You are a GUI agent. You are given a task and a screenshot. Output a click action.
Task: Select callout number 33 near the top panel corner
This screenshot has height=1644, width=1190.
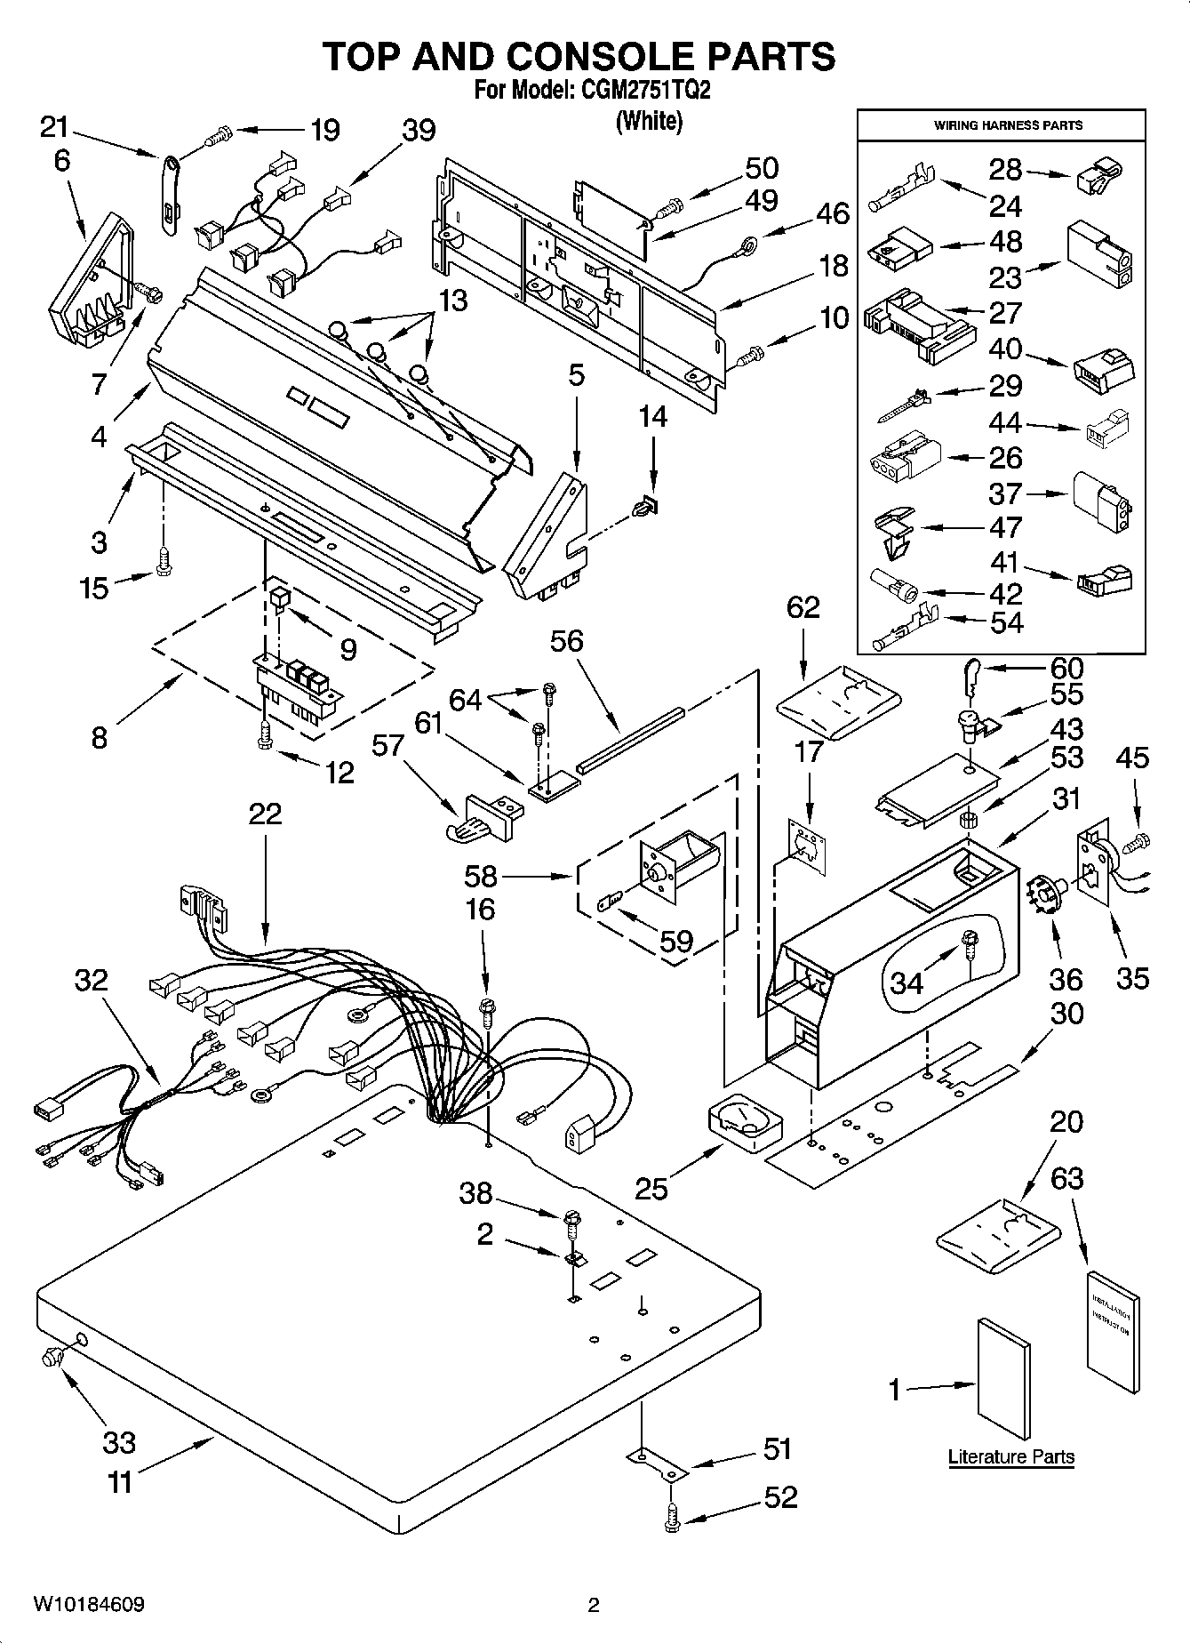pos(119,1442)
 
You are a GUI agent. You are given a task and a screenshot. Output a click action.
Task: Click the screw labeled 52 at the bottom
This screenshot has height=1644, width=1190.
pos(673,1521)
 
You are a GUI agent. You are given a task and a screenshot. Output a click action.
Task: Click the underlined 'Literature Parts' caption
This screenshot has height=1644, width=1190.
pos(1010,1456)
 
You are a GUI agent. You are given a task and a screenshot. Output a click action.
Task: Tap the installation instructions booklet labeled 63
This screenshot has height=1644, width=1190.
pos(1112,1331)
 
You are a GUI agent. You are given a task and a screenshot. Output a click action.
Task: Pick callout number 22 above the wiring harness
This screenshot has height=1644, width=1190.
pos(264,813)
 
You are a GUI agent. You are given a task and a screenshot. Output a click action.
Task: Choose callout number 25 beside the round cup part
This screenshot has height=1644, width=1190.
pos(651,1188)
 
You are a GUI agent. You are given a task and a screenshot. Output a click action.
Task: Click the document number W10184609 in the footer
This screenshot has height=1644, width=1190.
pos(89,1605)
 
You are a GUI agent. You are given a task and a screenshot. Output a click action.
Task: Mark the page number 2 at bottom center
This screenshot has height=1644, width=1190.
pos(594,1605)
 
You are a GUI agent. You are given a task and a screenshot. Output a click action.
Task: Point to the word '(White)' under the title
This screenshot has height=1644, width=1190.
pos(649,121)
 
